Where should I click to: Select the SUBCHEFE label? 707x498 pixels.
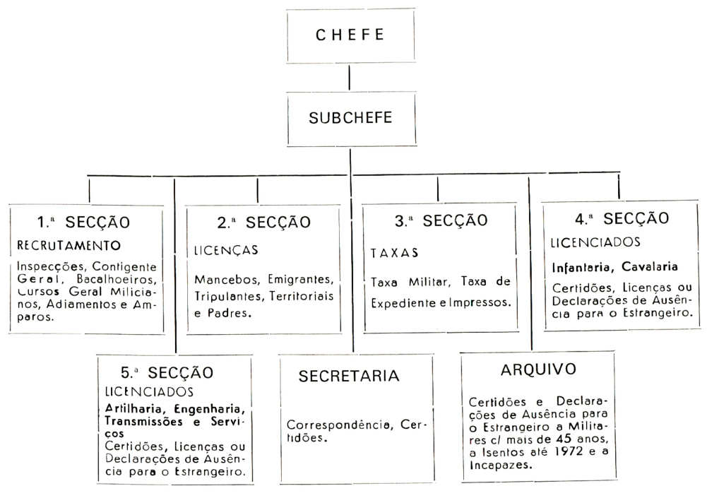350,118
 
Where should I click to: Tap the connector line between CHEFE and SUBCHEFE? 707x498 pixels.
350,76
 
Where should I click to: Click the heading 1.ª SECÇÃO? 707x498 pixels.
83,222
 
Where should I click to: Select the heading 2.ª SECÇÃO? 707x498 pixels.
263,223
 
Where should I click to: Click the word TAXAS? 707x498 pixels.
395,252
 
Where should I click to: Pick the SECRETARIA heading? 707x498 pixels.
349,376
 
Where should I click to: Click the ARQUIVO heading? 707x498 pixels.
538,369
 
